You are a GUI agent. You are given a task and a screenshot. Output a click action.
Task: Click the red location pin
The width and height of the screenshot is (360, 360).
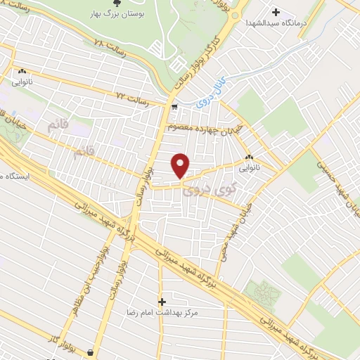pos(181,166)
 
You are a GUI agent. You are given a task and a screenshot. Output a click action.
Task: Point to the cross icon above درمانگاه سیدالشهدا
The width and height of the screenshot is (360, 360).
pos(276,12)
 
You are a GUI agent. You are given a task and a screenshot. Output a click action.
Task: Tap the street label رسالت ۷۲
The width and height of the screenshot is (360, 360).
pos(134,96)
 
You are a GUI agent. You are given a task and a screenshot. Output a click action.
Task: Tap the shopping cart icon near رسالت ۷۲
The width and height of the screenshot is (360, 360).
pos(174,108)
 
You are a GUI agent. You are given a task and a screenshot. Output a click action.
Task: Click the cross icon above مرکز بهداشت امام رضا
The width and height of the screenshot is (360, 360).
pos(162,301)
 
